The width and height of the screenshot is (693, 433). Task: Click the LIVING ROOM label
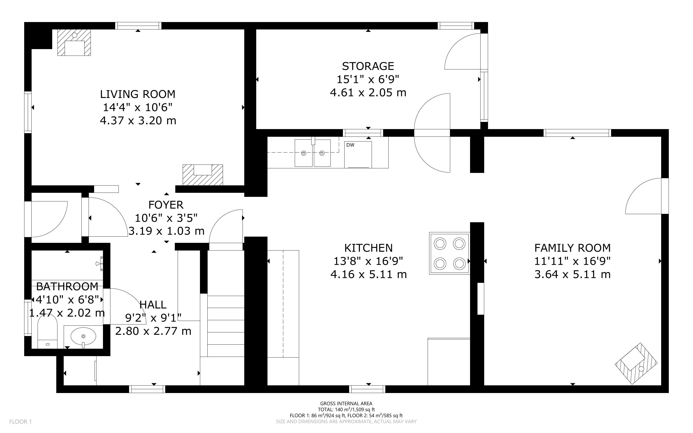[137, 94]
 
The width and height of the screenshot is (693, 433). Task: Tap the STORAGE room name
[368, 66]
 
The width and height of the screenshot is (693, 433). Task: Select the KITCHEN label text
[368, 248]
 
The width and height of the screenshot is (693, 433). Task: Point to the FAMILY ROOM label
[573, 248]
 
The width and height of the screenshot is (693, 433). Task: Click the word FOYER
[166, 205]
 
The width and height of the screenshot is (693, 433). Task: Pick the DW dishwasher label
[350, 145]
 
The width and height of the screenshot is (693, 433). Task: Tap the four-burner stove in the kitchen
[449, 253]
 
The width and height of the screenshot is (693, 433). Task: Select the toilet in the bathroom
[47, 334]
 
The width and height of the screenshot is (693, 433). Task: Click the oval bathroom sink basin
[83, 336]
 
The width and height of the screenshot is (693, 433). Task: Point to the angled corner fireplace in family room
[636, 363]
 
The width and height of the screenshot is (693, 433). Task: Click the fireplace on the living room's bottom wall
[203, 175]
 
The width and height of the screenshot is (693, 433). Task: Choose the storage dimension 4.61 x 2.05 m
[368, 92]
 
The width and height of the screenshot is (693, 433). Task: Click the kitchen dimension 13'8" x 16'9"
[368, 261]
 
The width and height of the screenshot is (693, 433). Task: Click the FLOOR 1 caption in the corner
[20, 422]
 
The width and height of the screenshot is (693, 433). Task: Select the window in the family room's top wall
[577, 133]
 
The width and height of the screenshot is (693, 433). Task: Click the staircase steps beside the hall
[226, 326]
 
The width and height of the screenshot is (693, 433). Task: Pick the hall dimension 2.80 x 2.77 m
[153, 331]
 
